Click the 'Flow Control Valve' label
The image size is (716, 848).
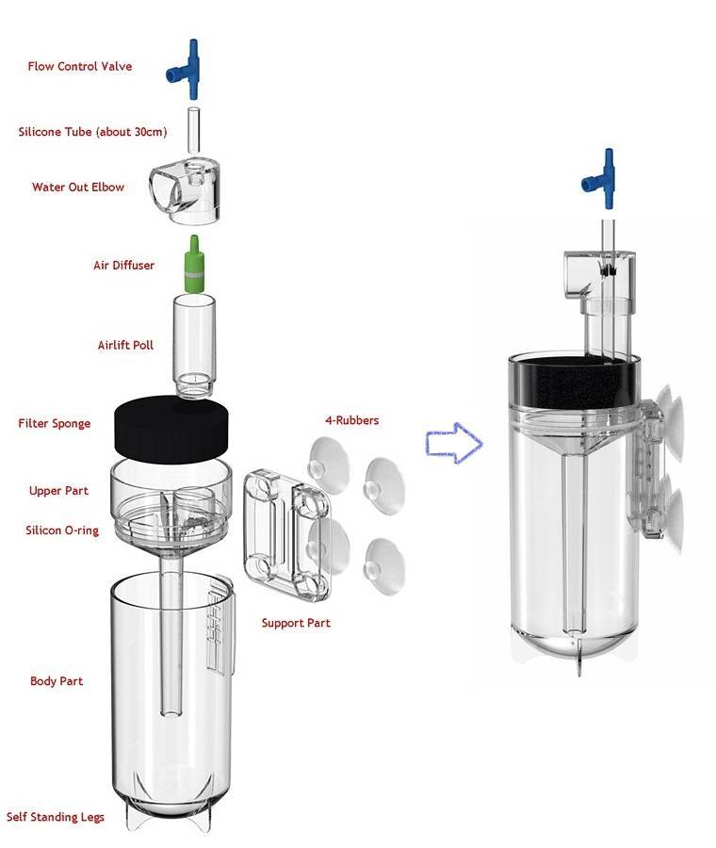(79, 67)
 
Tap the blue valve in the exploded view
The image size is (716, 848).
(191, 68)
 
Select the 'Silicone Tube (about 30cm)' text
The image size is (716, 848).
(92, 132)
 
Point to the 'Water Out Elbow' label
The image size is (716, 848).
(77, 188)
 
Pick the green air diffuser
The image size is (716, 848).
(192, 264)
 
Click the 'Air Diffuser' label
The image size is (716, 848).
(122, 266)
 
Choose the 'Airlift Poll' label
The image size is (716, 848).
(125, 345)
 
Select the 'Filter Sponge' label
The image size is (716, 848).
(55, 423)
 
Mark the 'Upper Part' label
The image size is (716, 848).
(59, 491)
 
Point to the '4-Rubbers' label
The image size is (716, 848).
(350, 420)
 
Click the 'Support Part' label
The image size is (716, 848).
(296, 623)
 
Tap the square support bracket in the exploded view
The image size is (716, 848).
(282, 535)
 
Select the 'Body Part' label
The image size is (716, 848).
(57, 680)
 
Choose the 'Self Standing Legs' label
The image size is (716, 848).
(56, 817)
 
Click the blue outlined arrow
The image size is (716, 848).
(453, 443)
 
